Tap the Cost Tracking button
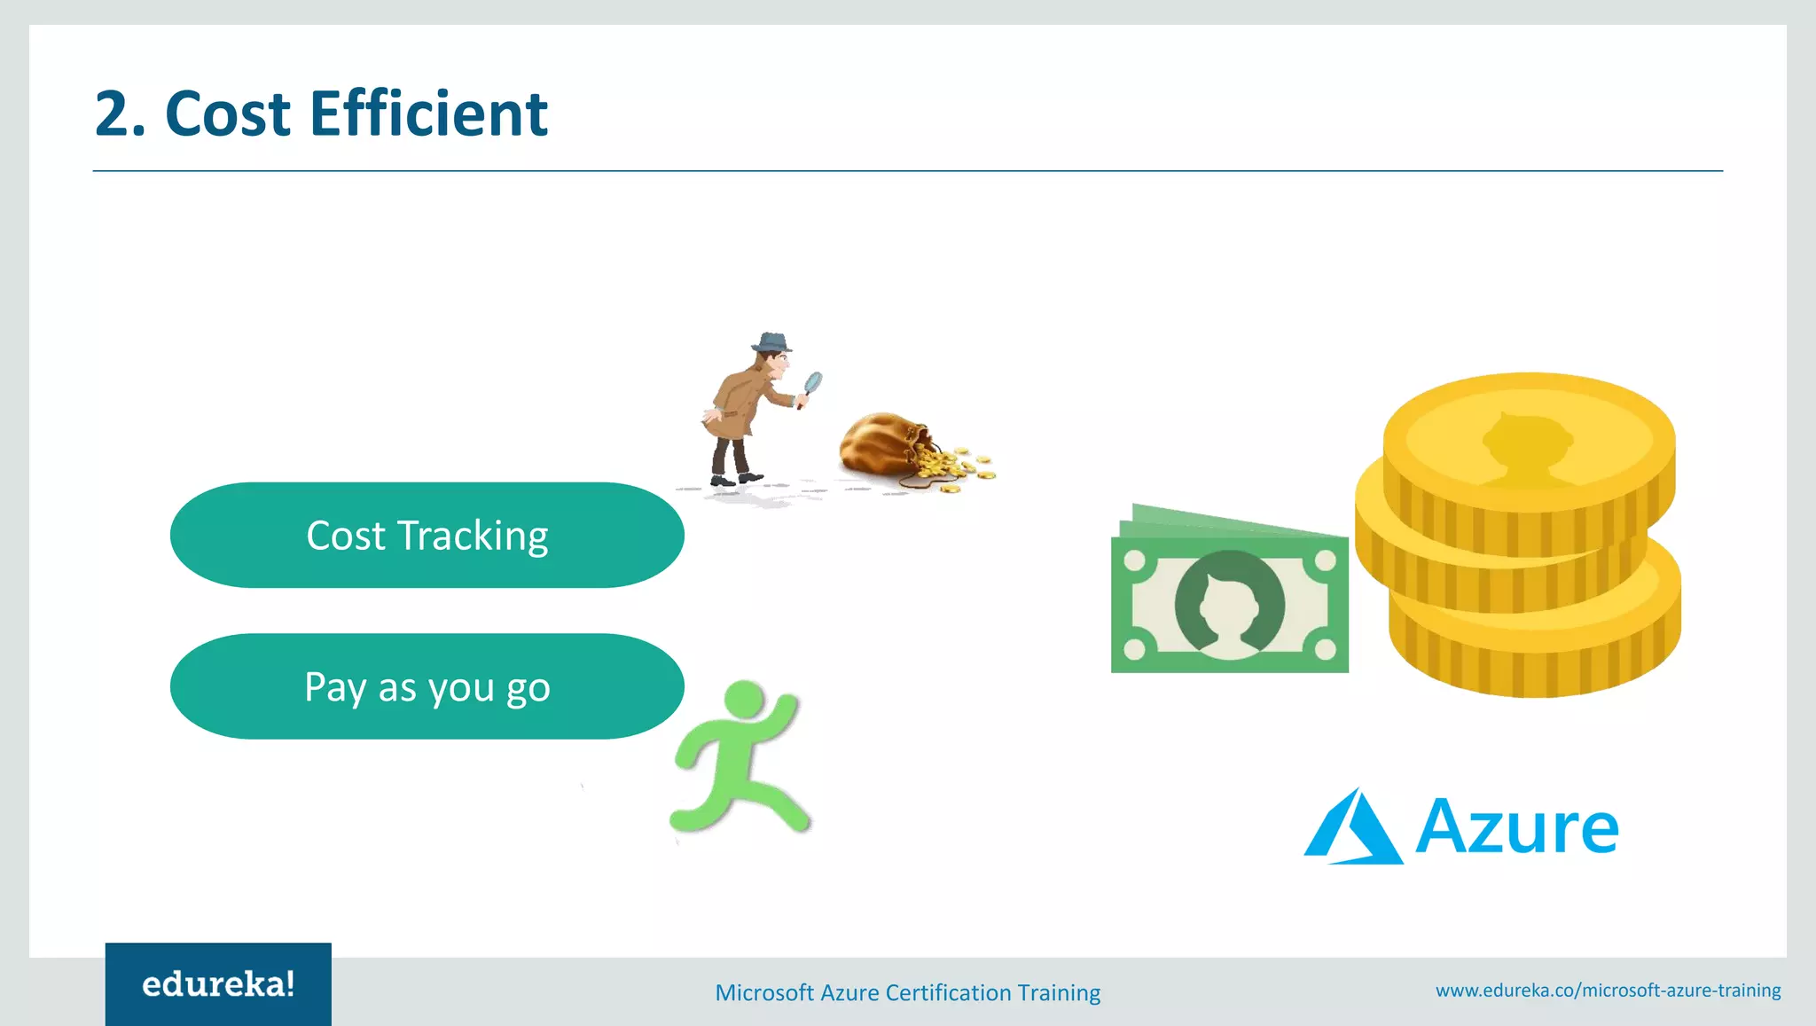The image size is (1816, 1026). pyautogui.click(x=427, y=536)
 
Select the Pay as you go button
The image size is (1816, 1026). pyautogui.click(x=427, y=687)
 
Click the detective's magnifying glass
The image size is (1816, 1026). pyautogui.click(x=812, y=383)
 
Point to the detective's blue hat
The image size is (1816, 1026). pyautogui.click(x=771, y=342)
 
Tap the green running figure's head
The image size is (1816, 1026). pyautogui.click(x=743, y=699)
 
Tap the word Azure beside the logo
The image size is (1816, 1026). pyautogui.click(x=1517, y=827)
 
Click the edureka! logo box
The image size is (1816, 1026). pyautogui.click(x=218, y=984)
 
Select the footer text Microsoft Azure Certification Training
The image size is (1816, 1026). pyautogui.click(x=907, y=992)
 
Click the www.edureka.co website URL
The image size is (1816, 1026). pyautogui.click(x=1608, y=990)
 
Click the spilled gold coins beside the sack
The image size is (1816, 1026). pyautogui.click(x=953, y=466)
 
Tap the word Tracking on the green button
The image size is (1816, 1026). pyautogui.click(x=473, y=536)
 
